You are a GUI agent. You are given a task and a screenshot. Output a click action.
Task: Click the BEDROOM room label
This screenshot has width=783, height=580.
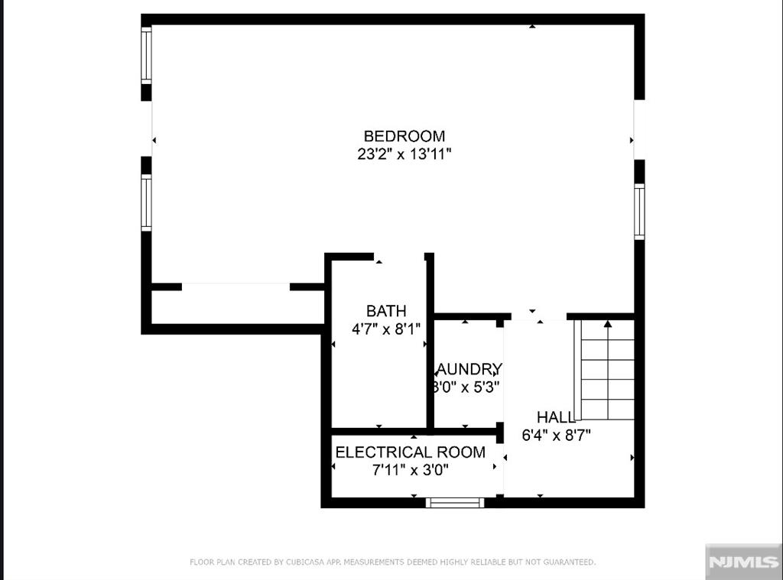(404, 136)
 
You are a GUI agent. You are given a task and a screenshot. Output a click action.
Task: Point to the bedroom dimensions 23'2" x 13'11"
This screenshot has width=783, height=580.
(404, 154)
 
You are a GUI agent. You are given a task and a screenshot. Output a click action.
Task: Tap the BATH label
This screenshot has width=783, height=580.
(386, 311)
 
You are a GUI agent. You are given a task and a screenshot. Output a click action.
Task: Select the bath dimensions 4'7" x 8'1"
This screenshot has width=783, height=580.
(386, 329)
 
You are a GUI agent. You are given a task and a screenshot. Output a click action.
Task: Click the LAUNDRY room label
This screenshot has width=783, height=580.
(468, 369)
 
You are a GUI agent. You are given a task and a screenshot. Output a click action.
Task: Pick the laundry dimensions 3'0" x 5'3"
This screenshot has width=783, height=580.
(466, 387)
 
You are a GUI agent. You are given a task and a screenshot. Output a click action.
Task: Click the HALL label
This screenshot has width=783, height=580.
(556, 417)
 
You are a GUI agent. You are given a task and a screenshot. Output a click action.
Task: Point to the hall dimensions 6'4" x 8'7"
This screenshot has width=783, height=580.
(556, 435)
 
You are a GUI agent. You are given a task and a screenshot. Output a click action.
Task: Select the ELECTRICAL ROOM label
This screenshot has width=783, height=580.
(411, 452)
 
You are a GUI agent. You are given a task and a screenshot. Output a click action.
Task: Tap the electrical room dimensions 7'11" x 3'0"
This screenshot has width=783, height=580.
(411, 470)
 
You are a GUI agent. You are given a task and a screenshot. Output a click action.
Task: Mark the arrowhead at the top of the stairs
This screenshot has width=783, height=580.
(608, 324)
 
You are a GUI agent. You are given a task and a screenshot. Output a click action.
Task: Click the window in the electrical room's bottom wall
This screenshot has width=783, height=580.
(455, 502)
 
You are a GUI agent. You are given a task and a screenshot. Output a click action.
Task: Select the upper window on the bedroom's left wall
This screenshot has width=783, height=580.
(145, 54)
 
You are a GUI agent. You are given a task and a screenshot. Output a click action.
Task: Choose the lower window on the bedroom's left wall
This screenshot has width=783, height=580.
(145, 203)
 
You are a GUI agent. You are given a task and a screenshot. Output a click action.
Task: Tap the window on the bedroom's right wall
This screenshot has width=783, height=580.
(639, 211)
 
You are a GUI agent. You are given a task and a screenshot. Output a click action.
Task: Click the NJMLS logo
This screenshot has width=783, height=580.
(743, 562)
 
